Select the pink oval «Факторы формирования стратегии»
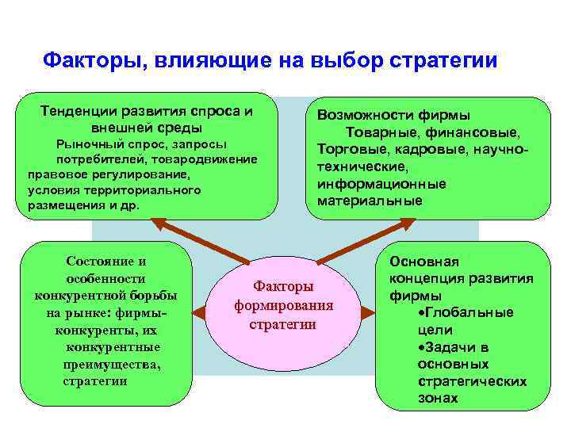point(283,305)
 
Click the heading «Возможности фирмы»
point(393,115)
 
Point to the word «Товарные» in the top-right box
point(377,132)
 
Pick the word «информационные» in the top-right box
point(381,184)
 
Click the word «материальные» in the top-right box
point(370,201)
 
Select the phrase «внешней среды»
point(147,128)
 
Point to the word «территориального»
point(147,190)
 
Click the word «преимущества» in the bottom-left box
point(112,365)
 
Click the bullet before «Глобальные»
point(420,312)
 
